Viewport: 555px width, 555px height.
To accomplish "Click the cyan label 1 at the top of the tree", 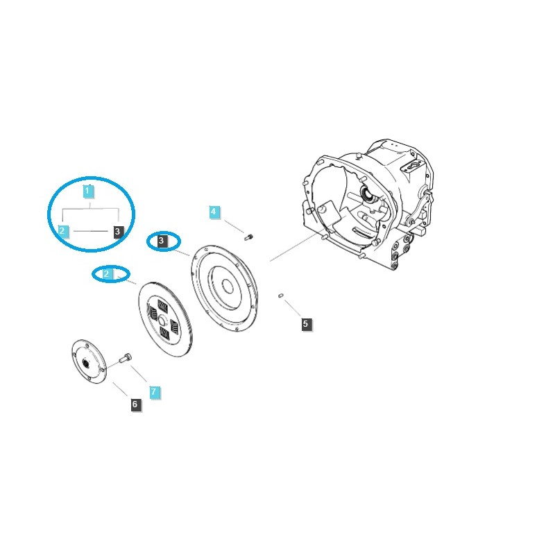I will coord(88,190).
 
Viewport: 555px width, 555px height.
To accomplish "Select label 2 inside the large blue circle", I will coord(62,230).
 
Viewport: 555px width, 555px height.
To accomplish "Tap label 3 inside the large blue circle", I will coord(118,231).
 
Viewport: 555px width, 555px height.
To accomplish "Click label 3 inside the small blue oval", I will coord(162,241).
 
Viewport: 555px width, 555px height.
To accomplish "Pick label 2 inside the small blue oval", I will coord(106,274).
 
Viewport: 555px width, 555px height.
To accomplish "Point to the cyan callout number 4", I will coord(214,212).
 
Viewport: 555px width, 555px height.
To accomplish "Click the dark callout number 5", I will coord(306,323).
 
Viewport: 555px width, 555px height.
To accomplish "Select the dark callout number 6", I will coord(135,404).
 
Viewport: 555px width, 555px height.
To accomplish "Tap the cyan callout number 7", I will coord(154,392).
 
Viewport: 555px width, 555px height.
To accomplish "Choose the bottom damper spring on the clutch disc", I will coord(164,334).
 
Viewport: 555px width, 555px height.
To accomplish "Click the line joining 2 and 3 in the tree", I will coord(90,230).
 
